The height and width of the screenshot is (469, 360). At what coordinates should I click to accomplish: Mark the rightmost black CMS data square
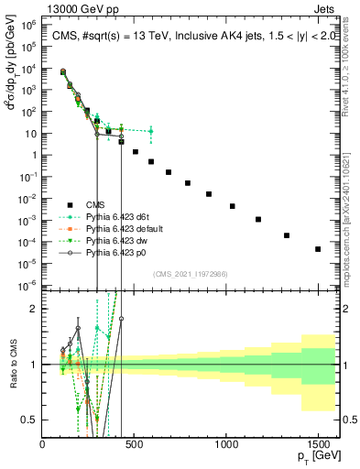click(x=318, y=249)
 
